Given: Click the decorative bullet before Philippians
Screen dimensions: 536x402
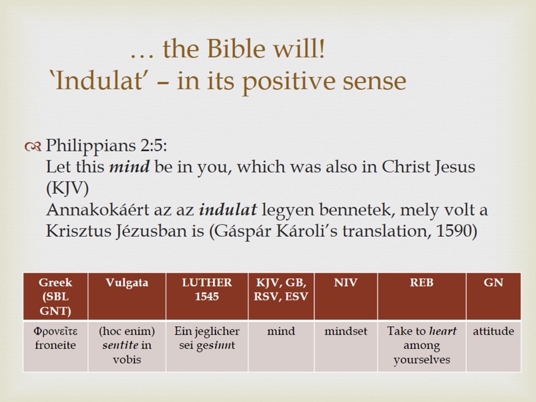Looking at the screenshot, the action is (x=33, y=147).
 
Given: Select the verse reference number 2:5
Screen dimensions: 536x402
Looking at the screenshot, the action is (x=153, y=146).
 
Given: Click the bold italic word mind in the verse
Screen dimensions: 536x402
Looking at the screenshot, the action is (x=129, y=167).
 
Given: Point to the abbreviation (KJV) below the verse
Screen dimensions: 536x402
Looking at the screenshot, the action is (x=68, y=188).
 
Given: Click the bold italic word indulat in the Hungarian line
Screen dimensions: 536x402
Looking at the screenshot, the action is (x=228, y=209).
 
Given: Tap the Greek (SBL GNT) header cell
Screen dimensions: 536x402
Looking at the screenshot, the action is (x=55, y=296).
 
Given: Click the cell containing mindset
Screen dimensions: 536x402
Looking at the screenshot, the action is (x=346, y=346).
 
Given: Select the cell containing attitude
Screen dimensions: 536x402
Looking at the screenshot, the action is (x=493, y=346).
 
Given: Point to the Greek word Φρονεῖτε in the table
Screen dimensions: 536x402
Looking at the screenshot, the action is (x=55, y=331).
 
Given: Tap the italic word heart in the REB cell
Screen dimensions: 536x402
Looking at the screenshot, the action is (x=443, y=331).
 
